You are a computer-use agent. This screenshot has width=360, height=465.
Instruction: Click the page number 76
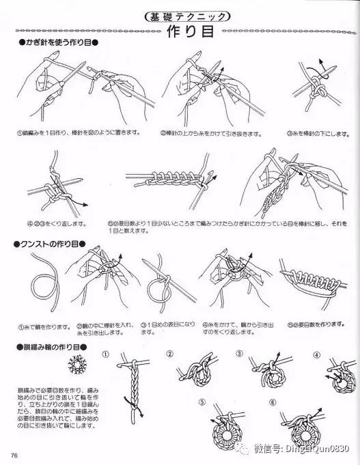14,455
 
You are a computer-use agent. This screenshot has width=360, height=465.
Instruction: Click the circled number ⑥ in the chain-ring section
272,402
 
